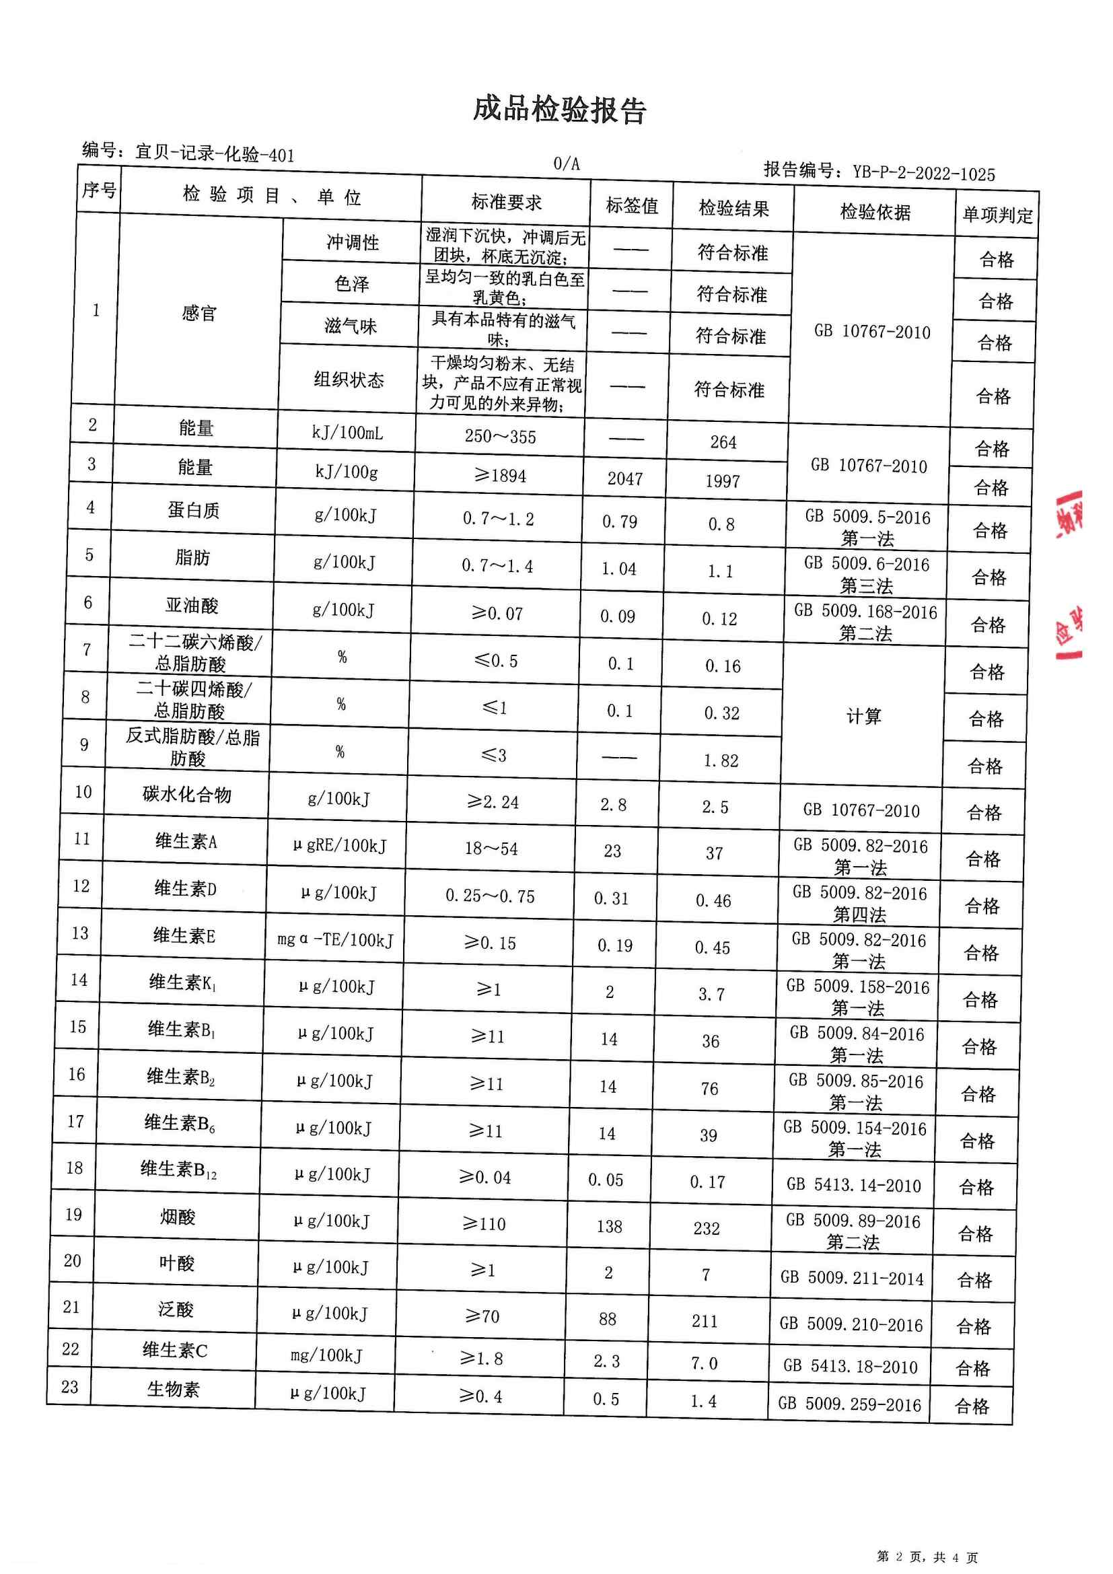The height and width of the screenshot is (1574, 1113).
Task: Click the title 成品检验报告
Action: coord(559,110)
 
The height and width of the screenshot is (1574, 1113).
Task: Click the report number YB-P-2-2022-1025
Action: coord(923,173)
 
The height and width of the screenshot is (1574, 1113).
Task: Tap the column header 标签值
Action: coord(631,206)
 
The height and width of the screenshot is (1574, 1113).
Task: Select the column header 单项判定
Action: coord(997,215)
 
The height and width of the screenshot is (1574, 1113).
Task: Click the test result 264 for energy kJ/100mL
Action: coord(723,442)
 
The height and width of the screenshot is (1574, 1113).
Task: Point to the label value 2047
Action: coord(624,478)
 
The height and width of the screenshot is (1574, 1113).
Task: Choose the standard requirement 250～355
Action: coord(499,437)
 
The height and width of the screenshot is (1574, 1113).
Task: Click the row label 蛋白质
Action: coord(193,510)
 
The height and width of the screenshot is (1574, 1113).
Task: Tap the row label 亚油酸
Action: coord(192,606)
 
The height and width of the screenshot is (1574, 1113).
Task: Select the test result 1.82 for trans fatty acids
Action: coord(721,760)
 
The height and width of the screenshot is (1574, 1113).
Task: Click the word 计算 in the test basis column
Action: coord(863,717)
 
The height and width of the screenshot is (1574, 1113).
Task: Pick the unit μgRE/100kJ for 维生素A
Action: coord(339,846)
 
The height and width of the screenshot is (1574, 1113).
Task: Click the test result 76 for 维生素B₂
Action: coord(709,1089)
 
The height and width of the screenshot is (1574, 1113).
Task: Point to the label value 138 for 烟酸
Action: coord(609,1227)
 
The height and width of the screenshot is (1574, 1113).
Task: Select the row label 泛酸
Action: coord(176,1310)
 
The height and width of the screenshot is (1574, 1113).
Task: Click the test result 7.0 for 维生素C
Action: coord(704,1363)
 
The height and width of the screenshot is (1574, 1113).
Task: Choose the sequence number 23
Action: coord(70,1387)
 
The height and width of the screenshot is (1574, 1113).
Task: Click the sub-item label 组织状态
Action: coord(349,380)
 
